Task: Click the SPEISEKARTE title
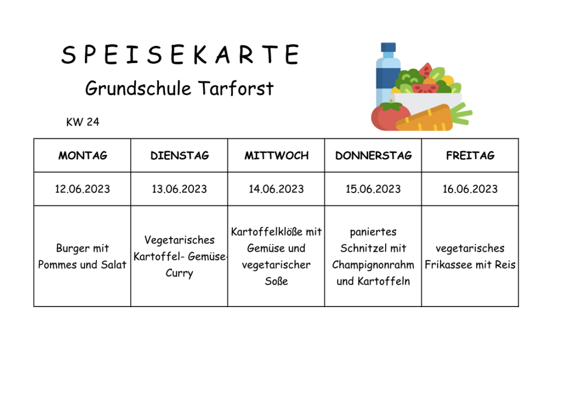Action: point(180,55)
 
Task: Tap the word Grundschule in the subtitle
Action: point(138,88)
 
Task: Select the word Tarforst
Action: point(236,88)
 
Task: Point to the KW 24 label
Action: point(83,122)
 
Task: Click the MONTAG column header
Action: point(83,155)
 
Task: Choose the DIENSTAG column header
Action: point(180,155)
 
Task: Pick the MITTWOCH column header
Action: point(277,155)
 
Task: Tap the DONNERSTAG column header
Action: point(374,155)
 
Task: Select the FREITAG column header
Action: point(470,155)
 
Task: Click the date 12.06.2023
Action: point(83,189)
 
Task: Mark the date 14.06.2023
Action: point(277,189)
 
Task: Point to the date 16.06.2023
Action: point(470,189)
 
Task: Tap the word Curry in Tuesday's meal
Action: point(179,273)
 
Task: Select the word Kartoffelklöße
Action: point(267,232)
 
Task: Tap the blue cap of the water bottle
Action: point(388,47)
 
